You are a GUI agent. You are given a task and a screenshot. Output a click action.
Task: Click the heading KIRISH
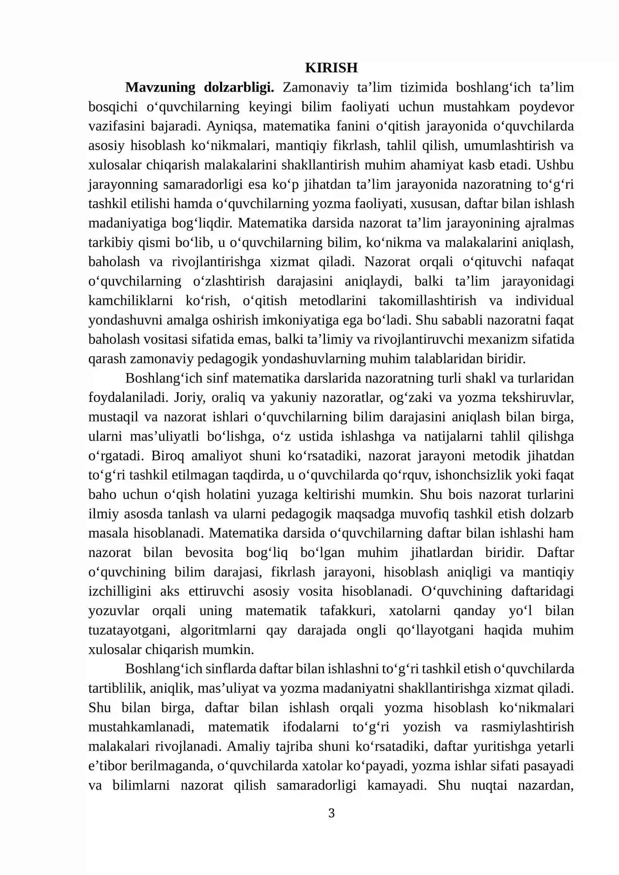pyautogui.click(x=331, y=68)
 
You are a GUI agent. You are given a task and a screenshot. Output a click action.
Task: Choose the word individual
pyautogui.click(x=544, y=301)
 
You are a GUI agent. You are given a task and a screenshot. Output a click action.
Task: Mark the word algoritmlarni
pyautogui.click(x=218, y=630)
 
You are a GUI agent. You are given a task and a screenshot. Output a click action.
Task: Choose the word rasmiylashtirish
pyautogui.click(x=527, y=727)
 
